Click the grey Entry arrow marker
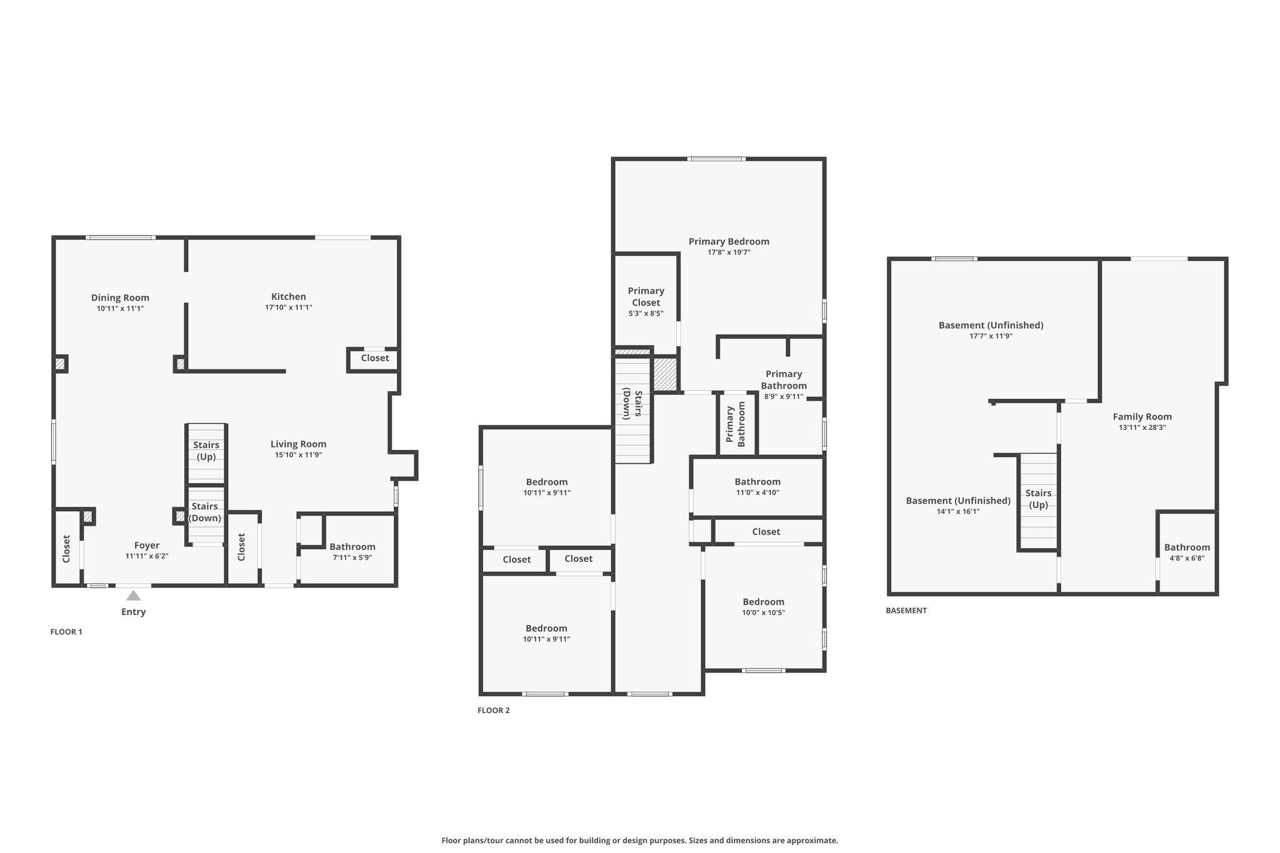click(133, 596)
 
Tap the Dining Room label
click(120, 297)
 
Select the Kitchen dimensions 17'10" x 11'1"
click(288, 307)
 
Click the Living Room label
click(298, 444)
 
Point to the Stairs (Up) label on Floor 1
click(206, 451)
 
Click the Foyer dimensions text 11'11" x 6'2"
click(147, 556)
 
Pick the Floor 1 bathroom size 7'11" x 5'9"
click(352, 557)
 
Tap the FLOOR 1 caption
click(66, 632)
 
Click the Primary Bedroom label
click(729, 241)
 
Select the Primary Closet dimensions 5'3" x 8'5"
click(646, 314)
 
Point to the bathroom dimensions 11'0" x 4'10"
click(757, 492)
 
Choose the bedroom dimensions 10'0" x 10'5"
click(763, 612)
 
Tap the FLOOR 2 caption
click(494, 711)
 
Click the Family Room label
click(1142, 417)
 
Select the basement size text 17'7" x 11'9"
click(991, 336)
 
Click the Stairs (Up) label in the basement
click(1038, 499)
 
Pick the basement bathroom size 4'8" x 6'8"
click(1187, 559)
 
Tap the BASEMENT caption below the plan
click(906, 611)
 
